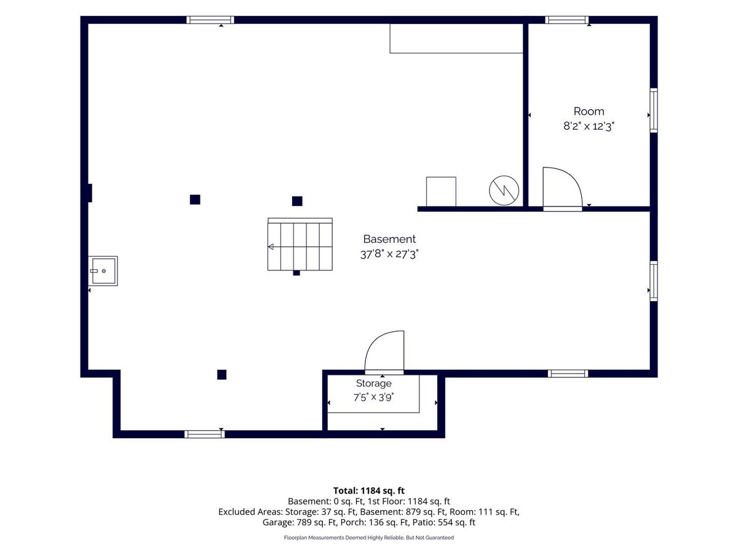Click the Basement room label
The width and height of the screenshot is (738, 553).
(389, 239)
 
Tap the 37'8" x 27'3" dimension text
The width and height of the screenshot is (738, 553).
(389, 254)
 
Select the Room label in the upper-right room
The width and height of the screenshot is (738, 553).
(589, 111)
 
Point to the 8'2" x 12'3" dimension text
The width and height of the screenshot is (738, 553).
(589, 126)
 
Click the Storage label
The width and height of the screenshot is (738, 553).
(373, 383)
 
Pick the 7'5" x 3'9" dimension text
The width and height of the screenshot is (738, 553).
(373, 398)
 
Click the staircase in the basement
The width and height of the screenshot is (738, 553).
(300, 244)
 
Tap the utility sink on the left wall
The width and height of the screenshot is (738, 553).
(103, 270)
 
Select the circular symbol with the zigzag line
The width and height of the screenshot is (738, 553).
(504, 190)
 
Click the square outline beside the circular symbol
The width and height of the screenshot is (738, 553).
(441, 191)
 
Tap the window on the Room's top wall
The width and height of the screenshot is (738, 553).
(566, 20)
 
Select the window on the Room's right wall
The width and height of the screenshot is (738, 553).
(653, 110)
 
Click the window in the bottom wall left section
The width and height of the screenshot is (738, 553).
(204, 434)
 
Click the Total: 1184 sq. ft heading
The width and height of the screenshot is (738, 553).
(369, 490)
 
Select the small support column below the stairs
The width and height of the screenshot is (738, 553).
(296, 273)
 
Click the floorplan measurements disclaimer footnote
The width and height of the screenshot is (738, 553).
(369, 538)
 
